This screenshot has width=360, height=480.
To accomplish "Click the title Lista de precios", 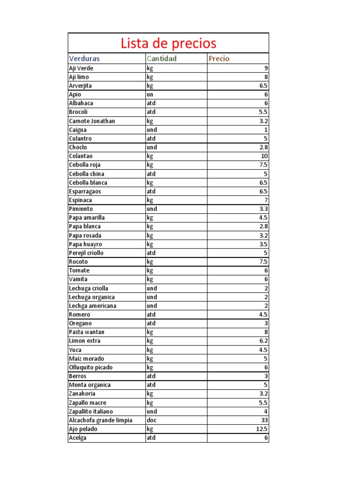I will pos(168,44).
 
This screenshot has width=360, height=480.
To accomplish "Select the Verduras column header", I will pos(84,59).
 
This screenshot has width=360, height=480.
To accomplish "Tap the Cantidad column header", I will pos(162,59).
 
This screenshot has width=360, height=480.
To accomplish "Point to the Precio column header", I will pos(219,59).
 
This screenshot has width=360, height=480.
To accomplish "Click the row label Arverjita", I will pos(81,86).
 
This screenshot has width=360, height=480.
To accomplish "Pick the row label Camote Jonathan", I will pos(92,121).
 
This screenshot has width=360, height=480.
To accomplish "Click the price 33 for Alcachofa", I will pos(264,420).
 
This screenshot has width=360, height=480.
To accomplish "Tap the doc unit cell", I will pos(151,420).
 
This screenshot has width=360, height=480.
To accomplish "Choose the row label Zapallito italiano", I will pos(91,411).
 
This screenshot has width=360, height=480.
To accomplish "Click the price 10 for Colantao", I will pos(264,156).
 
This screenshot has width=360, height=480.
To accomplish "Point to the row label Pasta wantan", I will pos(87,332).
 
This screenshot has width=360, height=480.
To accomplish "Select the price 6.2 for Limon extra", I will pos(263,341).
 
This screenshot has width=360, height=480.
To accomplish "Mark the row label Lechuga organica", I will pos(92,297).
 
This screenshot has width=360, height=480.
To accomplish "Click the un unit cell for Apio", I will pos(150,94).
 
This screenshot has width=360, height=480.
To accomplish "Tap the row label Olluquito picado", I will pos(91,367).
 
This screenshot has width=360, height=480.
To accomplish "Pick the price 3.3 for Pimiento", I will pos(263,209).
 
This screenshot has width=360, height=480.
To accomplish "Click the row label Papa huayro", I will pos(85,244).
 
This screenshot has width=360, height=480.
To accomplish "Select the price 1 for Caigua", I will pos(266,129).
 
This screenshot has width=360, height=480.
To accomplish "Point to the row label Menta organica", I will pos(90,385).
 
